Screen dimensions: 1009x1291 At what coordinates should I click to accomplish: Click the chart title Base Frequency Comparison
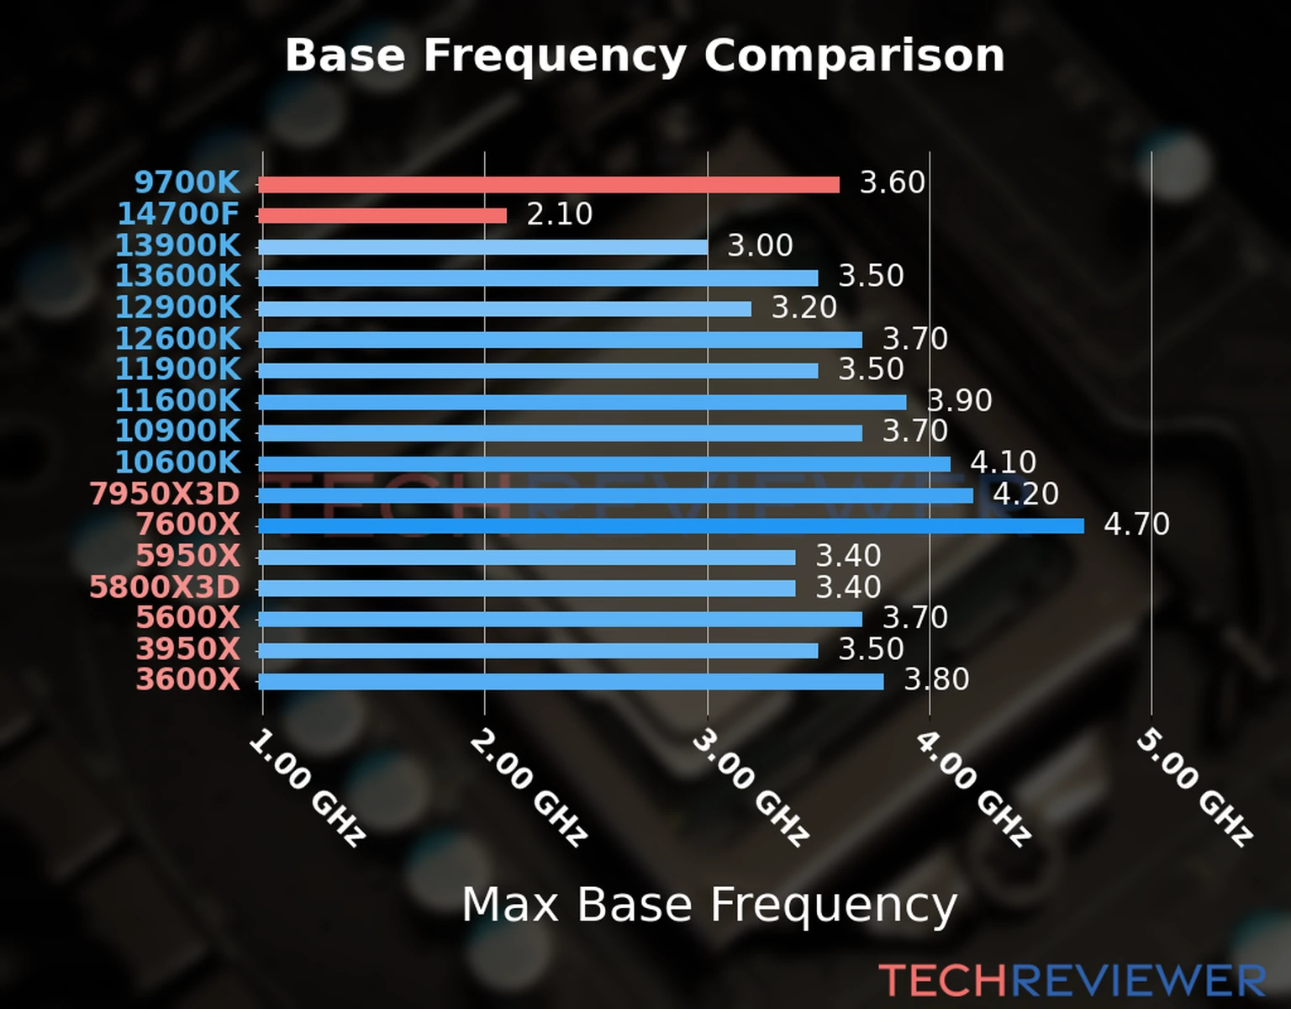click(645, 55)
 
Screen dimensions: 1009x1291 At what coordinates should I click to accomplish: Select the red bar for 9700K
click(548, 185)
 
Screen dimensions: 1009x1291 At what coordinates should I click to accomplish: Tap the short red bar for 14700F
click(382, 216)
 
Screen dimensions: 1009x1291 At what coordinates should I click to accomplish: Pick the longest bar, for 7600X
click(671, 526)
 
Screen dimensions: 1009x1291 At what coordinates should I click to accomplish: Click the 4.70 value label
click(1136, 525)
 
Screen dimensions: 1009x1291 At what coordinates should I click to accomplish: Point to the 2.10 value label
click(560, 214)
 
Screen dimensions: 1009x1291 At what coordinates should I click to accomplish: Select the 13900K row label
click(177, 246)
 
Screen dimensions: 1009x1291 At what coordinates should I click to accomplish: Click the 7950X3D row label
click(165, 494)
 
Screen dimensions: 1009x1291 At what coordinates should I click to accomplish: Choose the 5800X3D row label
click(165, 587)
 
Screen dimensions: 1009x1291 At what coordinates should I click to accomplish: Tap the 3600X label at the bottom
click(187, 679)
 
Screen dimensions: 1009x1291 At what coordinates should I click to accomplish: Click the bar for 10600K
click(603, 464)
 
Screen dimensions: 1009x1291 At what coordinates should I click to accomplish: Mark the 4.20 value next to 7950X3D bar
click(1025, 494)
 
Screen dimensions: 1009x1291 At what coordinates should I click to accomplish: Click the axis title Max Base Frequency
click(709, 906)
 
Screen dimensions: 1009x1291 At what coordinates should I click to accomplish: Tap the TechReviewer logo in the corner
click(1072, 981)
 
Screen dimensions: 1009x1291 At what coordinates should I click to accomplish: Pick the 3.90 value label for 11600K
click(959, 401)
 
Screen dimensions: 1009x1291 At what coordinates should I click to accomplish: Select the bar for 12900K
click(504, 309)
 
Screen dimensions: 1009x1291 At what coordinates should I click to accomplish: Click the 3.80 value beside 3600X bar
click(936, 679)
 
